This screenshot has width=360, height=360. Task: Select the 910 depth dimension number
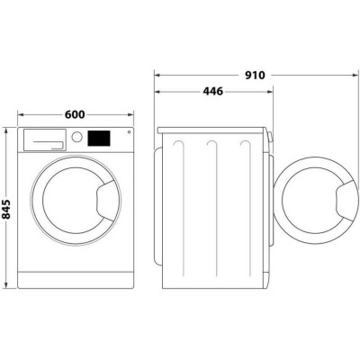click(x=254, y=76)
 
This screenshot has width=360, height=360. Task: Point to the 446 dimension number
click(x=213, y=91)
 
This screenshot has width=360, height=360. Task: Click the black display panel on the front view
click(x=99, y=139)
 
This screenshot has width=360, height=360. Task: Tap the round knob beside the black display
click(x=78, y=138)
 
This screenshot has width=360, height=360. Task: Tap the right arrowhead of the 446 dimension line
click(x=269, y=91)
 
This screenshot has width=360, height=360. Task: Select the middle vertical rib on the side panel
click(x=211, y=207)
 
